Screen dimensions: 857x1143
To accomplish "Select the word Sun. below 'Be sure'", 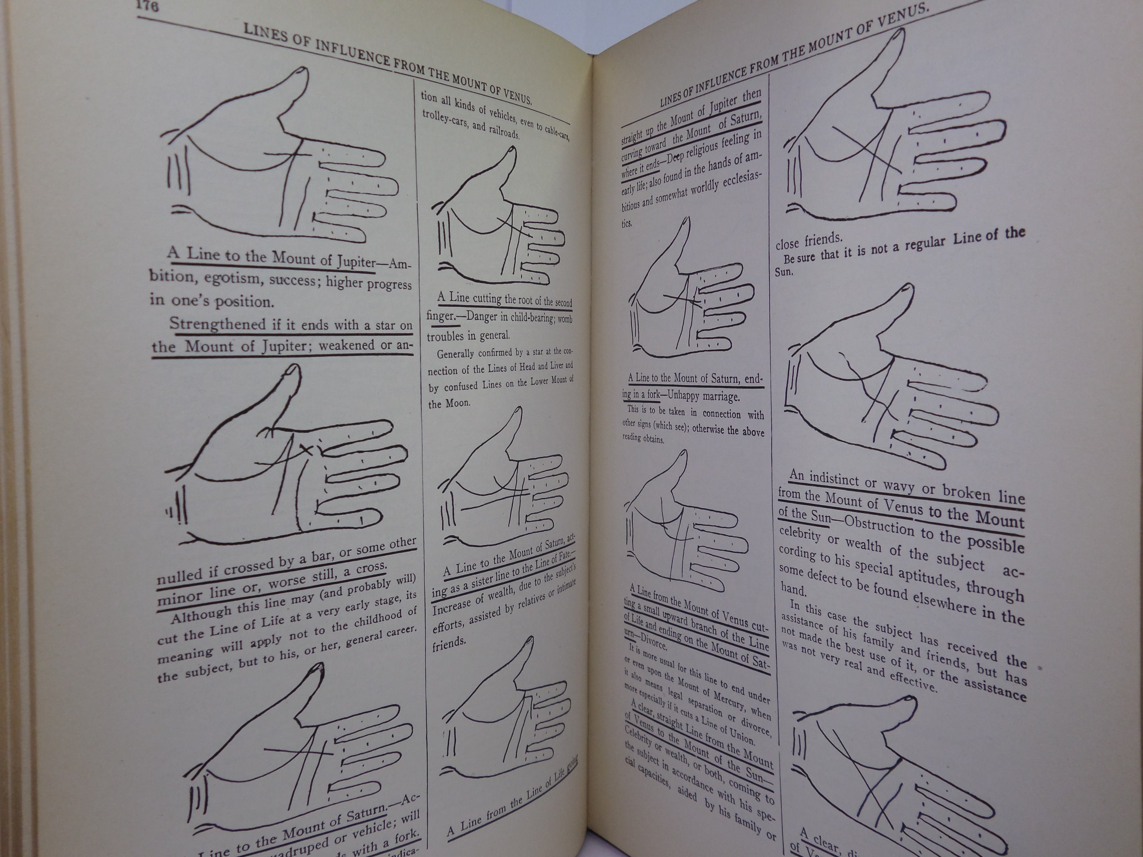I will [783, 272].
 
